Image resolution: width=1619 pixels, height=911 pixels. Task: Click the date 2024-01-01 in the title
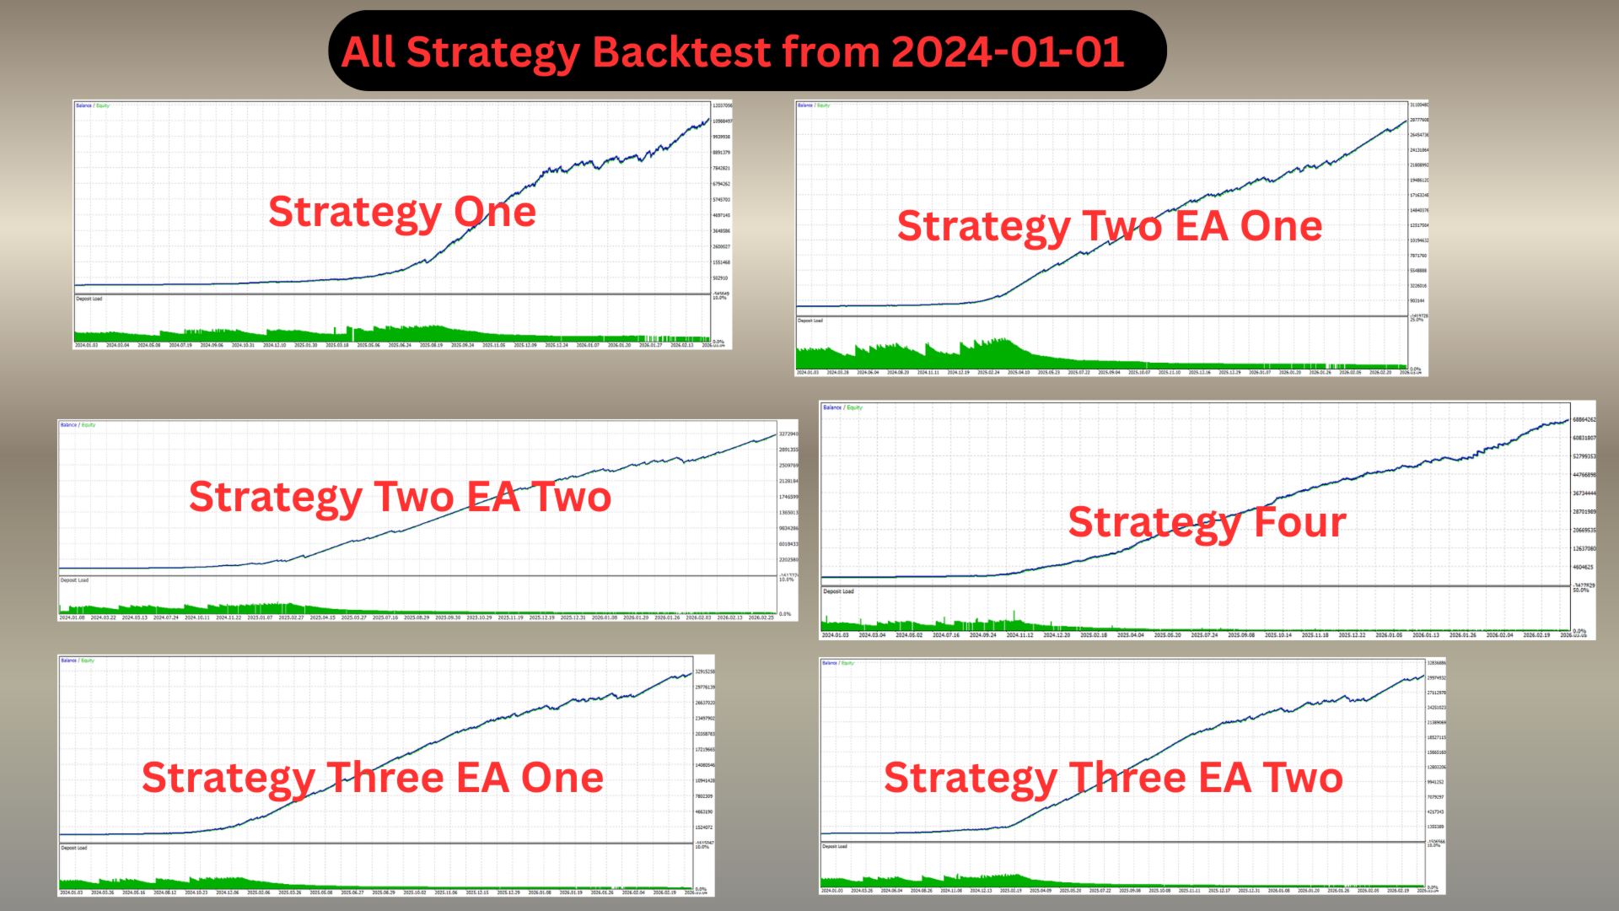pyautogui.click(x=1007, y=52)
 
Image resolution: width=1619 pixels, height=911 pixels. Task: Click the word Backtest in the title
pyautogui.click(x=682, y=52)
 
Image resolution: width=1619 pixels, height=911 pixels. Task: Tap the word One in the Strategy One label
pyautogui.click(x=495, y=212)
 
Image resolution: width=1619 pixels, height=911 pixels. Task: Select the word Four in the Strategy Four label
pyautogui.click(x=1299, y=523)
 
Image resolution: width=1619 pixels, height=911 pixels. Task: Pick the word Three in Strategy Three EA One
pyautogui.click(x=385, y=778)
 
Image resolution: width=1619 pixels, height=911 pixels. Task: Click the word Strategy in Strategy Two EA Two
pyautogui.click(x=275, y=497)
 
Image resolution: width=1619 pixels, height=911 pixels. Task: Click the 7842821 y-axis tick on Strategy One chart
pyautogui.click(x=721, y=168)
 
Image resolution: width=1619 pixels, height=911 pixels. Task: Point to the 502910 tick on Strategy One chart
pyautogui.click(x=719, y=278)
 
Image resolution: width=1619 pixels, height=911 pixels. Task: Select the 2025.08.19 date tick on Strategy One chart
pyautogui.click(x=431, y=345)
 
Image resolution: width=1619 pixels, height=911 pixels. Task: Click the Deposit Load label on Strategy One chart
pyautogui.click(x=89, y=299)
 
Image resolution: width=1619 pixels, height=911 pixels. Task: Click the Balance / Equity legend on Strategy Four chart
pyautogui.click(x=842, y=407)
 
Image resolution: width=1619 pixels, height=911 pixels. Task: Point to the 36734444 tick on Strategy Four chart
pyautogui.click(x=1584, y=493)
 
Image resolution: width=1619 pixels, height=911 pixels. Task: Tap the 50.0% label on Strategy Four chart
pyautogui.click(x=1580, y=590)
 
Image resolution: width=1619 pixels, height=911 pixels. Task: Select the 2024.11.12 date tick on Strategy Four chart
pyautogui.click(x=1019, y=635)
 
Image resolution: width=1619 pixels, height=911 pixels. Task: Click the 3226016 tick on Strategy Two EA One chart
pyautogui.click(x=1418, y=286)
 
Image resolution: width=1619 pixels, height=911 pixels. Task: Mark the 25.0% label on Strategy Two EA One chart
pyautogui.click(x=1417, y=320)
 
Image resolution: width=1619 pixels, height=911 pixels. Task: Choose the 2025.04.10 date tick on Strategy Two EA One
pyautogui.click(x=1019, y=372)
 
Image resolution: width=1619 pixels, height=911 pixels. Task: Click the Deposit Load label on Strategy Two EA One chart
pyautogui.click(x=810, y=321)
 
